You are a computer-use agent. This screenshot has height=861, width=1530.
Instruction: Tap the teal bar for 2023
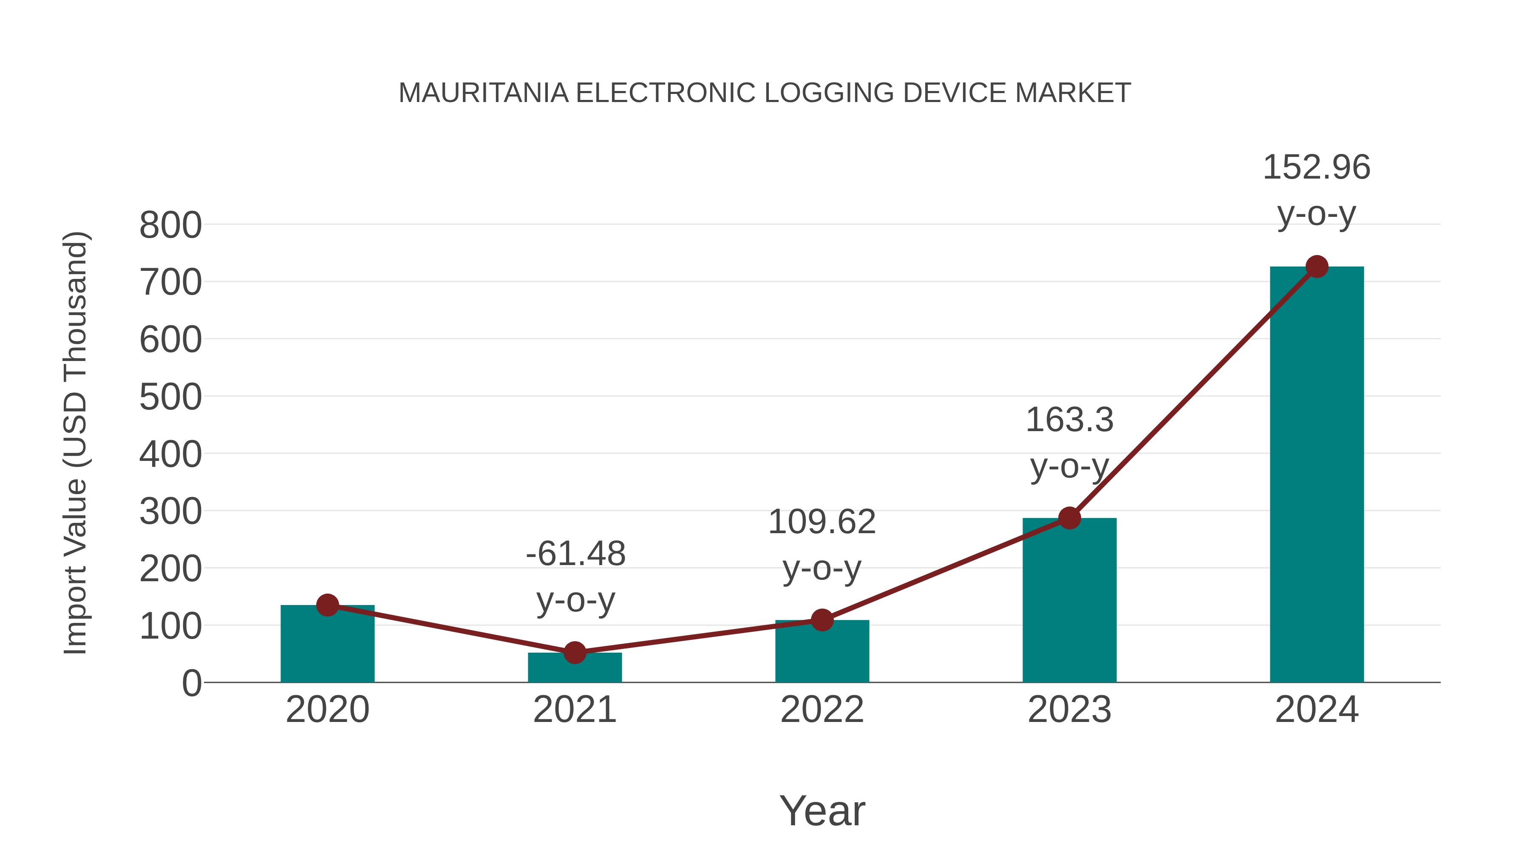coord(1069,600)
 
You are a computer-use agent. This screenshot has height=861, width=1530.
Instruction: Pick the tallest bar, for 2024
coord(1317,475)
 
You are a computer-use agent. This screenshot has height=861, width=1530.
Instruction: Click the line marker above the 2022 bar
coord(822,620)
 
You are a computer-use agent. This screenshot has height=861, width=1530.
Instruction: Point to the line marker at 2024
coord(1317,267)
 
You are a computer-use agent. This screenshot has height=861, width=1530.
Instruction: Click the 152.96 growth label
coord(1316,168)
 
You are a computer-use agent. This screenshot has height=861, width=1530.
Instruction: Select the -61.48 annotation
coord(575,554)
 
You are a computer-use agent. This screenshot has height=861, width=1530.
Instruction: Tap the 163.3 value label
coord(1069,420)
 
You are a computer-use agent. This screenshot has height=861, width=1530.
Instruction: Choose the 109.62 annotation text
coord(822,522)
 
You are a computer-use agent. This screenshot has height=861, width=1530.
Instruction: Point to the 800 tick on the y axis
coord(170,226)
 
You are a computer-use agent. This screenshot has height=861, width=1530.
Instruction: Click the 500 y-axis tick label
coord(170,398)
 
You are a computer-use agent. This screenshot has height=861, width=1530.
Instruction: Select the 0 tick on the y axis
coord(191,683)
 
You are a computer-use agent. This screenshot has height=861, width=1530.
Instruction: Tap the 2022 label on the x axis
coord(822,710)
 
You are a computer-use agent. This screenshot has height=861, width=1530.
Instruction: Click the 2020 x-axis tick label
coord(327,710)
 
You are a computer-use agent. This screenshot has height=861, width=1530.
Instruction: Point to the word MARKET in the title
coord(1073,93)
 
